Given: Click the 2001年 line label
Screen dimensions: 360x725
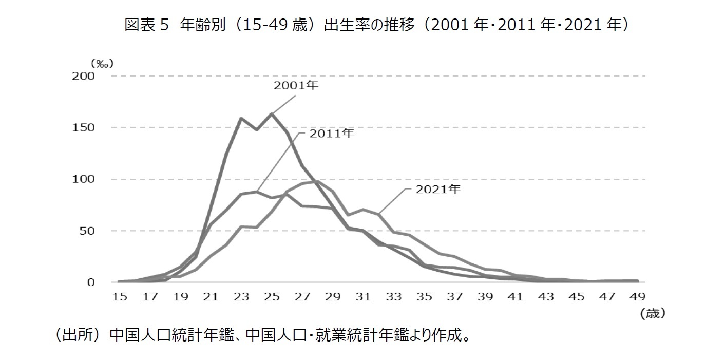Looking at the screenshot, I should click(296, 86).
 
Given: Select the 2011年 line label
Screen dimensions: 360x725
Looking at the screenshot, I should click(331, 134).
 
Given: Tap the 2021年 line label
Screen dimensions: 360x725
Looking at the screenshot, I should click(438, 189).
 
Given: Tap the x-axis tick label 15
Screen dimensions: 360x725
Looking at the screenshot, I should click(119, 296).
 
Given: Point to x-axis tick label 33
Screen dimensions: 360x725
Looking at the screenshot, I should click(393, 296).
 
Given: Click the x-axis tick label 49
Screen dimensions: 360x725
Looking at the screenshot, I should click(637, 296).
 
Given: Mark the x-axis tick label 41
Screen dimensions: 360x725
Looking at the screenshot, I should click(515, 296).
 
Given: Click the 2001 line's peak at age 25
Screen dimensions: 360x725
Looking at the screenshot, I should click(271, 114).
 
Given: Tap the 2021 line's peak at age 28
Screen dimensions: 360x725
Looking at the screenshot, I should click(317, 181).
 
